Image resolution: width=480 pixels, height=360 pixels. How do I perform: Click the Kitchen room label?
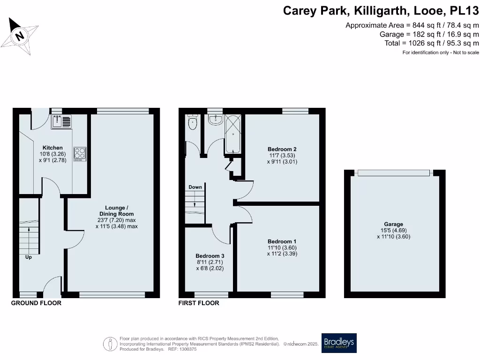52,148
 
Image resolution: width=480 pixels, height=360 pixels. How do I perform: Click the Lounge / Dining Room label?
116,211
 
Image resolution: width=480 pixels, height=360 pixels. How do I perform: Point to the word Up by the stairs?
28,257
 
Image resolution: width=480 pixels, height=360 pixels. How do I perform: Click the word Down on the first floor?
195,187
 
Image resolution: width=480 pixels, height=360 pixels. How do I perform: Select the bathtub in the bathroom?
233,134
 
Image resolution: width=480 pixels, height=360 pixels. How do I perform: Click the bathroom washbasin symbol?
215,120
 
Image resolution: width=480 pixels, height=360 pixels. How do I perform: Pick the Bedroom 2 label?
282,149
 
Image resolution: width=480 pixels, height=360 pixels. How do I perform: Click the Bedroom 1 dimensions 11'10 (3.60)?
282,247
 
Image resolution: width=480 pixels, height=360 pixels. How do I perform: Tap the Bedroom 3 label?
210,256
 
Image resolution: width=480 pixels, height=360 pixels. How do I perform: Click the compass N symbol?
19,36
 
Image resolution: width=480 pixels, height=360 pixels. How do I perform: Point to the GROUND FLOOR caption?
36,303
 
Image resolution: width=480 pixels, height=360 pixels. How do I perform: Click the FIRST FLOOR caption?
199,303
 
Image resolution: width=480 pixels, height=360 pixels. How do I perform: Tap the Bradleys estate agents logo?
338,343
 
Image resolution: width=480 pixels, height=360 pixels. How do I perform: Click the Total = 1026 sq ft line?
431,43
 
